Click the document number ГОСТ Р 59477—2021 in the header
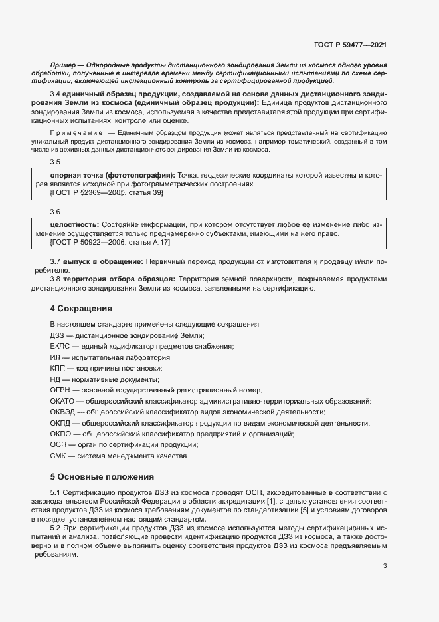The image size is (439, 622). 350,45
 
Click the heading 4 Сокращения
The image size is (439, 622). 81,309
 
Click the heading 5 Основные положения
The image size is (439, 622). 102,476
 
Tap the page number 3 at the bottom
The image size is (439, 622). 385,566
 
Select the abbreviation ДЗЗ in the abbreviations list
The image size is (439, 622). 58,335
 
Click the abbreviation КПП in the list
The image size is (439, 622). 58,369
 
